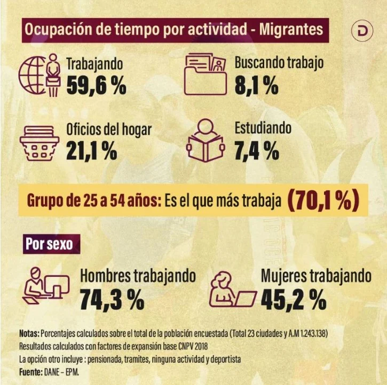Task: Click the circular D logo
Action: coord(362,31)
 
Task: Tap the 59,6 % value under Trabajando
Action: coord(96,85)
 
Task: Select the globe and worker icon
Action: coord(40,75)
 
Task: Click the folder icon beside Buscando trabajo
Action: coord(206,75)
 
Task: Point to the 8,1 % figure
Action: coord(256,85)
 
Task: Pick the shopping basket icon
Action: coord(40,143)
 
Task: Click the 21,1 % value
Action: coord(92,151)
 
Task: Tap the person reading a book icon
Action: coord(206,140)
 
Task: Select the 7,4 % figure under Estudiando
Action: coord(257,150)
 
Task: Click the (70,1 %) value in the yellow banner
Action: coord(323,200)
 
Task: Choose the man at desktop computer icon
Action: coord(46,286)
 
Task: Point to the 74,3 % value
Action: coord(112,300)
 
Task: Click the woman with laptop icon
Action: coord(233,290)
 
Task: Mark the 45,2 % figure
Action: coord(294,300)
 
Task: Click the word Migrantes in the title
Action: coord(291,29)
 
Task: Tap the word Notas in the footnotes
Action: coord(29,333)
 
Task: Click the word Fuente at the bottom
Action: coord(31,372)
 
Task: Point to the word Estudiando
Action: coord(263,128)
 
